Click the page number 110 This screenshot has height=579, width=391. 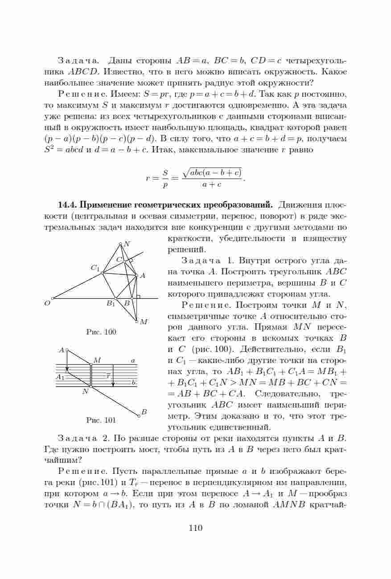pyautogui.click(x=195, y=528)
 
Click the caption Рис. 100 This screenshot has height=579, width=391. pyautogui.click(x=101, y=332)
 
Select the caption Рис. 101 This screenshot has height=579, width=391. pyautogui.click(x=101, y=420)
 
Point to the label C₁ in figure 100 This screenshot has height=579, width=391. pyautogui.click(x=95, y=268)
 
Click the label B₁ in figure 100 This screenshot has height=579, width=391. pyautogui.click(x=111, y=304)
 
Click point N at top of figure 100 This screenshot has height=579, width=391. pyautogui.click(x=120, y=244)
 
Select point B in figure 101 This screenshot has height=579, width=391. pyautogui.click(x=139, y=416)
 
